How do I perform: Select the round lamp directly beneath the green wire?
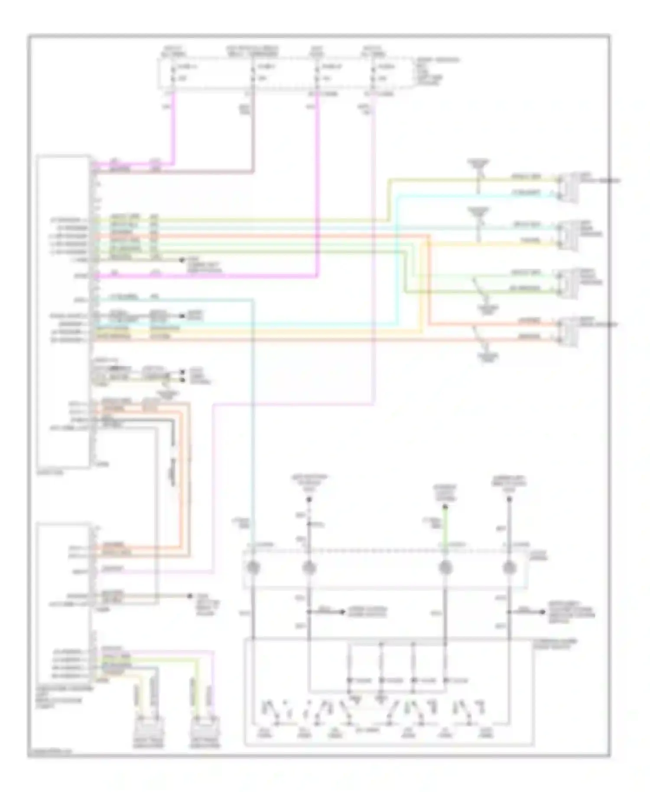point(444,568)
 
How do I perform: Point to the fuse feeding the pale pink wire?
point(373,74)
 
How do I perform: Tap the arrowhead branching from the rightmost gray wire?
point(543,612)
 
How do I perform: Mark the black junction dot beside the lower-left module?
point(189,596)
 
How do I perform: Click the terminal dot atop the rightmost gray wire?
point(510,499)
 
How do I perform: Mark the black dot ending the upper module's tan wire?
point(182,260)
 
